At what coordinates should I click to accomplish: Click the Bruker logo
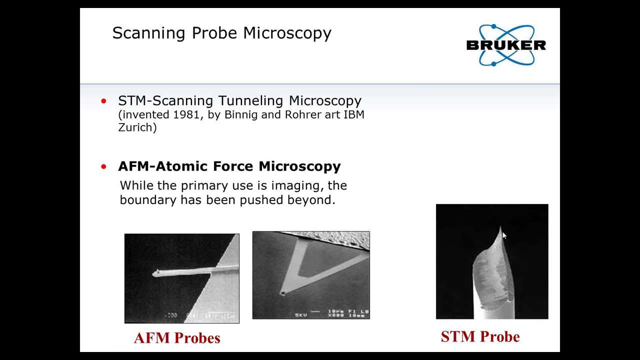pyautogui.click(x=505, y=45)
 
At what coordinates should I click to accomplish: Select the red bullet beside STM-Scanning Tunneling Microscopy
pyautogui.click(x=103, y=101)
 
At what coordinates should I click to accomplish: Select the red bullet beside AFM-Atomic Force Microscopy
pyautogui.click(x=103, y=166)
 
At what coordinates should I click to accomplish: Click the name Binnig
pyautogui.click(x=240, y=114)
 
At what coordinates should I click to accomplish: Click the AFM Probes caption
pyautogui.click(x=177, y=338)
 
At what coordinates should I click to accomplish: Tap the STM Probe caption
pyautogui.click(x=480, y=336)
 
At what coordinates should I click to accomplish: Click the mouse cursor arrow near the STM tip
pyautogui.click(x=504, y=236)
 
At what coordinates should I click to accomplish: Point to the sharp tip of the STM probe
pyautogui.click(x=500, y=227)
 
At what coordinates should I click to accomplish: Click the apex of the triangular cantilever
pyautogui.click(x=283, y=293)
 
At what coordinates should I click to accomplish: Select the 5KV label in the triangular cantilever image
pyautogui.click(x=300, y=315)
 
